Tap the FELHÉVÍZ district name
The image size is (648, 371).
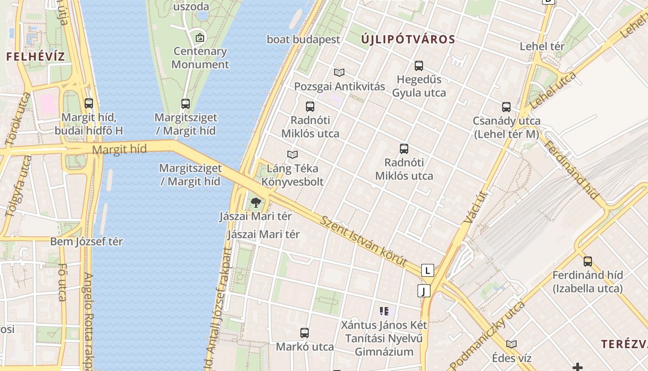pyautogui.click(x=35, y=57)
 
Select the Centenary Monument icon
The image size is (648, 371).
pyautogui.click(x=200, y=37)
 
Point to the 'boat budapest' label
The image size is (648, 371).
pyautogui.click(x=303, y=39)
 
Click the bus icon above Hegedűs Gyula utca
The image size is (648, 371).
pyautogui.click(x=419, y=65)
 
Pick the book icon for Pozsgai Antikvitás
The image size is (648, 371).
pyautogui.click(x=339, y=72)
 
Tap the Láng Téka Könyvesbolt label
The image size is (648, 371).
pyautogui.click(x=293, y=175)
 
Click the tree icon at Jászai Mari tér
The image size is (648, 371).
pyautogui.click(x=255, y=203)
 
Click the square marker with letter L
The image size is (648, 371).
pyautogui.click(x=428, y=270)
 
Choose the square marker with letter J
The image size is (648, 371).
pyautogui.click(x=424, y=291)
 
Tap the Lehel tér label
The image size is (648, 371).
pyautogui.click(x=542, y=46)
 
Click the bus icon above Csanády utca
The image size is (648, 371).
pyautogui.click(x=506, y=107)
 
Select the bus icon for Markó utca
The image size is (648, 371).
pyautogui.click(x=305, y=333)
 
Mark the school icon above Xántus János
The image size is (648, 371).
pyautogui.click(x=384, y=311)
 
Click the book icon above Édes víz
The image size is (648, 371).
pyautogui.click(x=511, y=344)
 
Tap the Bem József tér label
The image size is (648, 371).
pyautogui.click(x=87, y=242)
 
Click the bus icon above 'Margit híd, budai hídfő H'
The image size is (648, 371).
pyautogui.click(x=89, y=103)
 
